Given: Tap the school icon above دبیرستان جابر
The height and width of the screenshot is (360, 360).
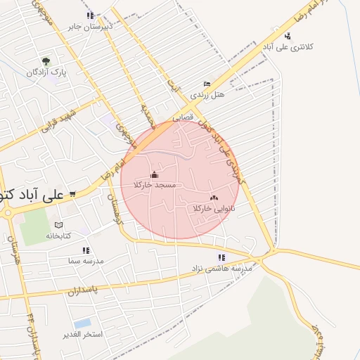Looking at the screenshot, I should pos(89,15).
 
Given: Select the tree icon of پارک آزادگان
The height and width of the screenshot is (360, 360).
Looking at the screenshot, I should pos(46,61).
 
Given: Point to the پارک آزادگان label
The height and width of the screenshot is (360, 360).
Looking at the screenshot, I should pos(46,72).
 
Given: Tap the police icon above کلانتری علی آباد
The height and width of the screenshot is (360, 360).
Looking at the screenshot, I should pos(288,36).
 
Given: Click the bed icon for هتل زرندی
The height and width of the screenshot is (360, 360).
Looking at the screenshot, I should pos(207,84).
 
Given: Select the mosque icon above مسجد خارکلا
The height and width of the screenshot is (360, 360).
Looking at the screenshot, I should pos(155,174).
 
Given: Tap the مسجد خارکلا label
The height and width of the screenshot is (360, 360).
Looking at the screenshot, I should pos(155,185).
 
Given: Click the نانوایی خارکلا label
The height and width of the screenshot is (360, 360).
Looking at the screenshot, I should pos(213,209).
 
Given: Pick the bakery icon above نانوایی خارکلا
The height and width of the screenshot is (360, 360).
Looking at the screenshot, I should pos(214,198).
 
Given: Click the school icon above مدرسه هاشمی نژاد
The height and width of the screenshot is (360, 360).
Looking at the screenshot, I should pos(222,257).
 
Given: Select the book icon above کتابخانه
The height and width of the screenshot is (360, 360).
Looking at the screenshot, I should pos(58,226).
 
